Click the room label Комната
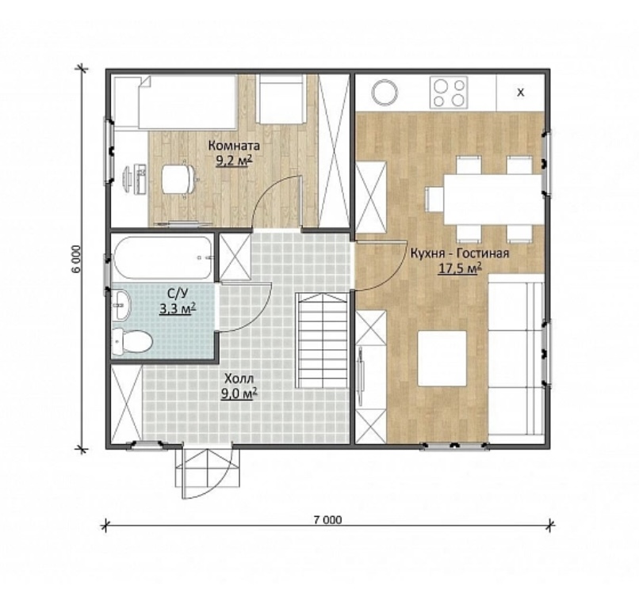[234, 146]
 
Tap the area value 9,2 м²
[234, 161]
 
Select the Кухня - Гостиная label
[460, 253]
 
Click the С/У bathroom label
[178, 294]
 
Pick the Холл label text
[239, 378]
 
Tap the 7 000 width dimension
[327, 520]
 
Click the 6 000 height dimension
[79, 259]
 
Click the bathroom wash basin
[121, 305]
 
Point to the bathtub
[163, 257]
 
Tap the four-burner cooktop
[449, 93]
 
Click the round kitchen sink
[385, 92]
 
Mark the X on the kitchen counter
[520, 93]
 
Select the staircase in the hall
[323, 340]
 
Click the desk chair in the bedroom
[178, 179]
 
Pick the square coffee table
[442, 358]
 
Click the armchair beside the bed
[281, 99]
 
